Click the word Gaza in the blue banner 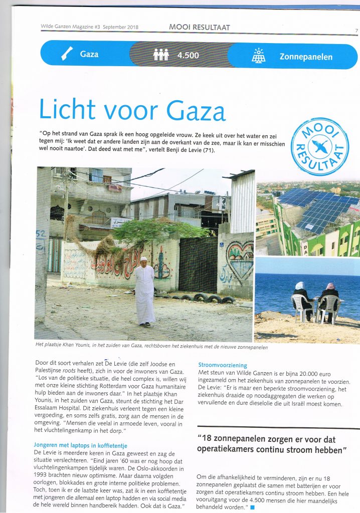coord(89,54)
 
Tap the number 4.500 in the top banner coord(188,56)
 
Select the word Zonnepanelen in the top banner coord(306,57)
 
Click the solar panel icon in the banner coord(259,56)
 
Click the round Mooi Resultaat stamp coord(320,147)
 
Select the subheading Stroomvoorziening coord(223,365)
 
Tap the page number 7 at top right coord(356,31)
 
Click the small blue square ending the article coord(252,508)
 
